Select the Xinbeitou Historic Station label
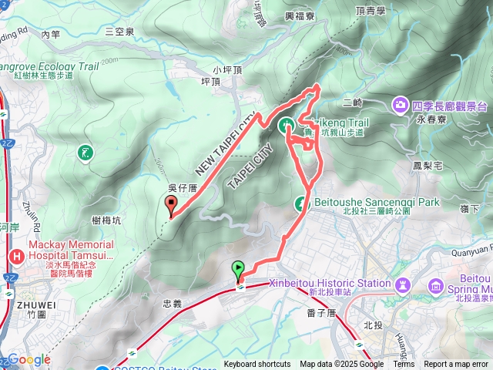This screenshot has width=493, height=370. point(330,283)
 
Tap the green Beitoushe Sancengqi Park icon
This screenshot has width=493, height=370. point(300,203)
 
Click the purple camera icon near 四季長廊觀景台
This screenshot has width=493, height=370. point(400,104)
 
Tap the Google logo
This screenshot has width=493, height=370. point(29,360)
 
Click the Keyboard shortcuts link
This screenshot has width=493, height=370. point(257,365)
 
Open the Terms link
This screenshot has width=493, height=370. point(404,365)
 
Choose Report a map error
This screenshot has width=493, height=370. point(456,365)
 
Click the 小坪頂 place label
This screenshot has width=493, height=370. point(228,69)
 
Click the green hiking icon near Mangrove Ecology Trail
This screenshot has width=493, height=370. point(85,153)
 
